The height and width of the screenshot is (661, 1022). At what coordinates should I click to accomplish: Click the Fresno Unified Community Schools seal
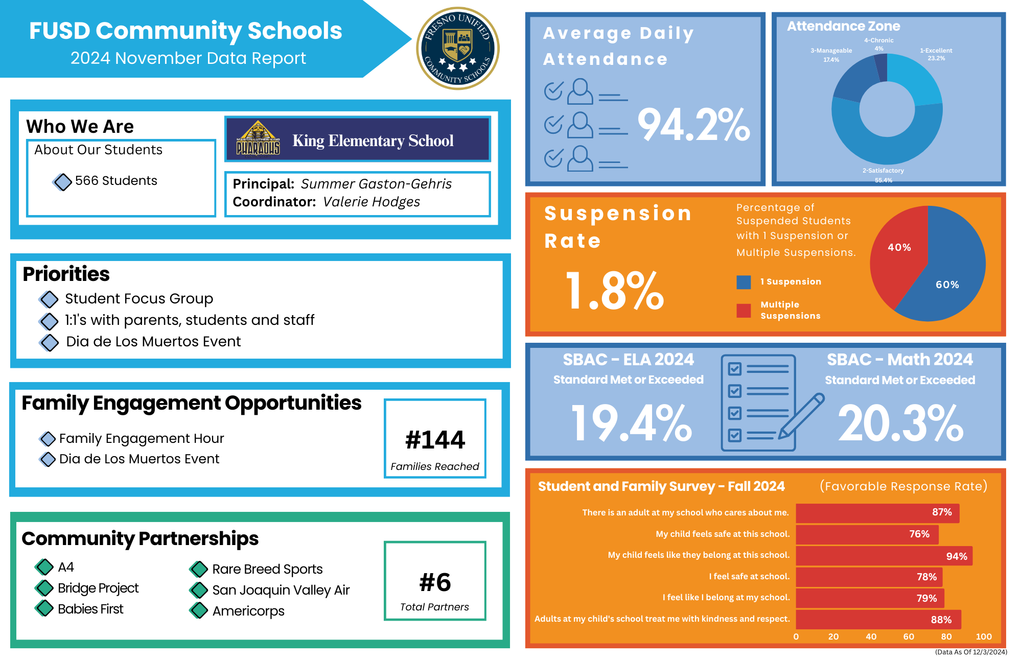(457, 49)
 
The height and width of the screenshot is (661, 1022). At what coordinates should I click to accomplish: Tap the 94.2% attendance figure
(693, 125)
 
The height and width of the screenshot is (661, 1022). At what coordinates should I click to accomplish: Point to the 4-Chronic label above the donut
(878, 40)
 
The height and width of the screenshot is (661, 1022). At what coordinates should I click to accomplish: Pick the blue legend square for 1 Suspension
(744, 282)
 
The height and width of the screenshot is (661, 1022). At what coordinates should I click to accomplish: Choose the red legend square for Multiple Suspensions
(744, 311)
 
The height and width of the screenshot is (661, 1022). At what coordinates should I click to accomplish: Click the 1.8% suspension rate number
(615, 291)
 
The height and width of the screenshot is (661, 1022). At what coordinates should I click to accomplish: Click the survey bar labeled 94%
(884, 556)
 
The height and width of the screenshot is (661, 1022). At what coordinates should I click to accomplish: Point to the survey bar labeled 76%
(867, 534)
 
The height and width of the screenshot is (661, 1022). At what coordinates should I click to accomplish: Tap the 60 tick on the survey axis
(909, 636)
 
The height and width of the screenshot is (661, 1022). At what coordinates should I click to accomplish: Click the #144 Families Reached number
(435, 440)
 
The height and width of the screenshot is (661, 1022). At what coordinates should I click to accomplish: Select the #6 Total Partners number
(435, 582)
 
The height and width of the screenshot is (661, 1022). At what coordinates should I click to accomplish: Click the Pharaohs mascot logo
(258, 139)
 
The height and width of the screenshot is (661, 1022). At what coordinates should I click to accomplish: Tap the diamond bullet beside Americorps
(199, 610)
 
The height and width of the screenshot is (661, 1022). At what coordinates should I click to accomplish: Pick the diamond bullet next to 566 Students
(62, 181)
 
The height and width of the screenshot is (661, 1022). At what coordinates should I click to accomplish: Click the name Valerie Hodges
(371, 202)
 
